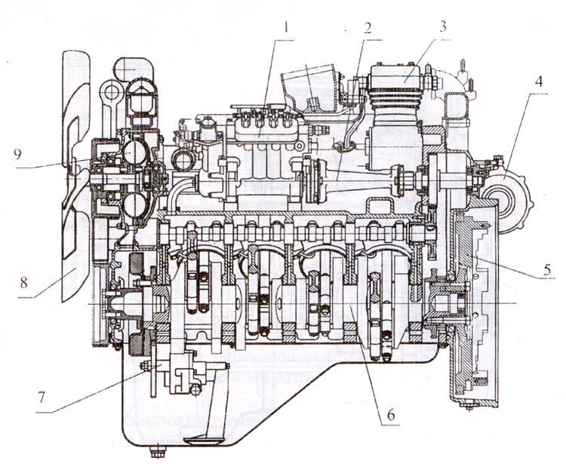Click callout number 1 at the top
286,28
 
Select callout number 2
368,28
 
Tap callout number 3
442,26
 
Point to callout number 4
538,82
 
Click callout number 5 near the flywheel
548,269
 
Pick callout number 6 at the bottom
391,415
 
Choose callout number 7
42,398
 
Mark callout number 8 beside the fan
24,282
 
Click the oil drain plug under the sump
158,451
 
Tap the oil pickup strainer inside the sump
202,441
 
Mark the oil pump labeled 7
180,373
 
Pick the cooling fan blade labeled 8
75,174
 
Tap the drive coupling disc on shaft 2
312,180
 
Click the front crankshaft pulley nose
119,304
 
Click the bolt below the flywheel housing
468,407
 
